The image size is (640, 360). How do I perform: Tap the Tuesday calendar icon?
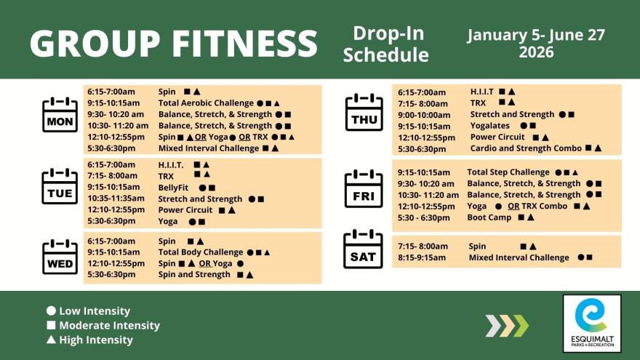[60, 188]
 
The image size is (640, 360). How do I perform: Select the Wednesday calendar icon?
[60, 257]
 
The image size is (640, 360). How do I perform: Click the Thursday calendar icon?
[364, 113]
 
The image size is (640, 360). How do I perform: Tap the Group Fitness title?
[174, 43]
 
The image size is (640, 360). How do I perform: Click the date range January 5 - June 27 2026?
[536, 43]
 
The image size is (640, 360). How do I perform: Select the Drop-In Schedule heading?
[386, 44]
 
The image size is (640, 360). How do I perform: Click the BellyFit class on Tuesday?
[175, 188]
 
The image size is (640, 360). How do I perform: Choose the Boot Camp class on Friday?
[489, 217]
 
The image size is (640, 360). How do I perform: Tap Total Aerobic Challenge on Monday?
[206, 103]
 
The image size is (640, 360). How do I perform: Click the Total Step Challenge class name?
[508, 172]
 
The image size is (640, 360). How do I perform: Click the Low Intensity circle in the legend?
[51, 311]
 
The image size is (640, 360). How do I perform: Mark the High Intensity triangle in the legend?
[51, 340]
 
